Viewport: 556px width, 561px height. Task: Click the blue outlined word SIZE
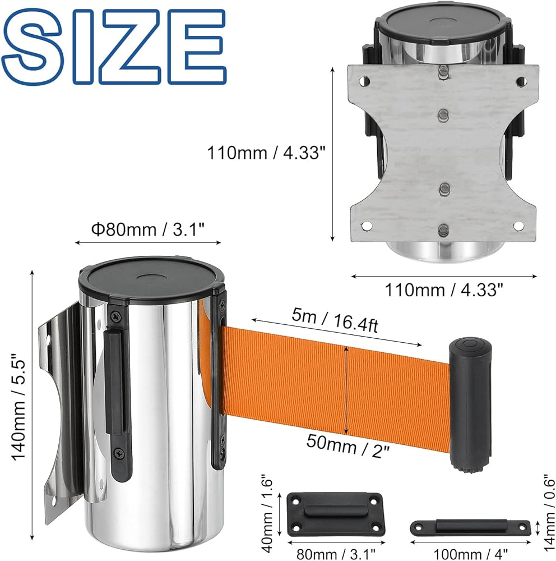(x=114, y=47)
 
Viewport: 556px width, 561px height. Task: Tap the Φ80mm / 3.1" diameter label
(x=147, y=229)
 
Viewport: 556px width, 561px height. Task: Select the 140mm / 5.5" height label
(x=18, y=407)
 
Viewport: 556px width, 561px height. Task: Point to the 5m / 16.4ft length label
(x=335, y=320)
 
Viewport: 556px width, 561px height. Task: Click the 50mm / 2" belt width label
(x=347, y=445)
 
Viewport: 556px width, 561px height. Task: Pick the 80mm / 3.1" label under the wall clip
(x=336, y=554)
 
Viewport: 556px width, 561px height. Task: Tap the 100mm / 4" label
(x=470, y=554)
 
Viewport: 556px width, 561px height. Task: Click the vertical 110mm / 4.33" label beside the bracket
(x=267, y=153)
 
